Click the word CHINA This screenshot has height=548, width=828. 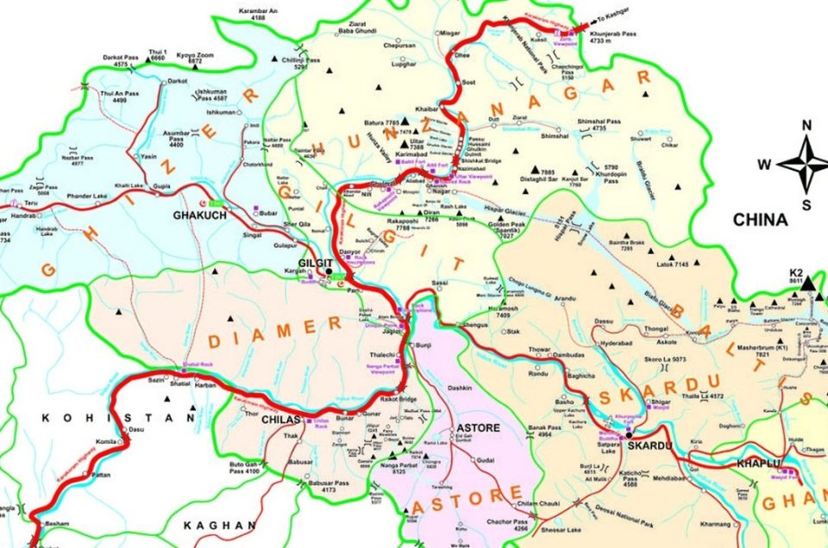coord(760,221)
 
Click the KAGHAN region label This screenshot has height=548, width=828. coord(219,525)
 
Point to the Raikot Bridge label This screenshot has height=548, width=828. coord(396,400)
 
